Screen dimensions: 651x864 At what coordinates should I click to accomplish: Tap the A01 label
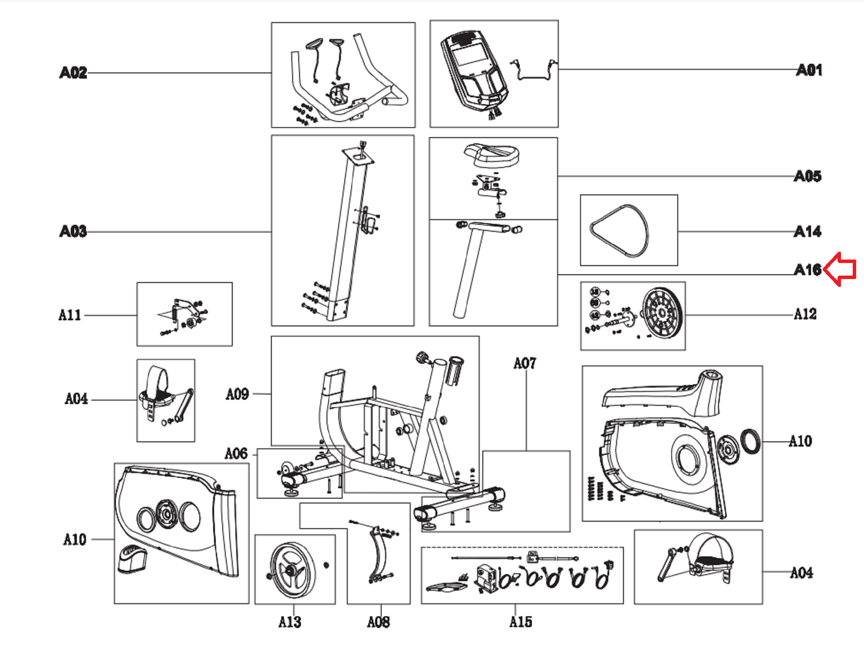(809, 70)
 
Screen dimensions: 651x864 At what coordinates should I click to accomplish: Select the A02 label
(73, 72)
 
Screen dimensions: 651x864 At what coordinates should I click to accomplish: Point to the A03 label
(73, 231)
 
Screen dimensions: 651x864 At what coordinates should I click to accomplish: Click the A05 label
(808, 176)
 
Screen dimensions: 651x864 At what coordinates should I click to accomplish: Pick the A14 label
(808, 231)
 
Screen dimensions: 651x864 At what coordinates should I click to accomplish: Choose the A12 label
(805, 314)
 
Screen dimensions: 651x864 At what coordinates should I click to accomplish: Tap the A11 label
(69, 315)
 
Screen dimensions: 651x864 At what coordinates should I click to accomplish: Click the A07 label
(525, 363)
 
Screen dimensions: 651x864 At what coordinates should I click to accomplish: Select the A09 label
(237, 394)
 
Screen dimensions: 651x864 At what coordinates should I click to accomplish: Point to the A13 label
(290, 622)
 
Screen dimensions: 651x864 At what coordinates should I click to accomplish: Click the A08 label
(378, 622)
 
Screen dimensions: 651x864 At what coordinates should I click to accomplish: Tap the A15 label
(521, 622)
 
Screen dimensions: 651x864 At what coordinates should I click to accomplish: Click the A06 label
(236, 454)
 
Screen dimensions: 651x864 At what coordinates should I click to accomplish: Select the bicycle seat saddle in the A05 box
(492, 155)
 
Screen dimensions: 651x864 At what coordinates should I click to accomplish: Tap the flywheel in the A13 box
(292, 570)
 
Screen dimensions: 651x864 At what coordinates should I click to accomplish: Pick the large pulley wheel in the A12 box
(662, 312)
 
